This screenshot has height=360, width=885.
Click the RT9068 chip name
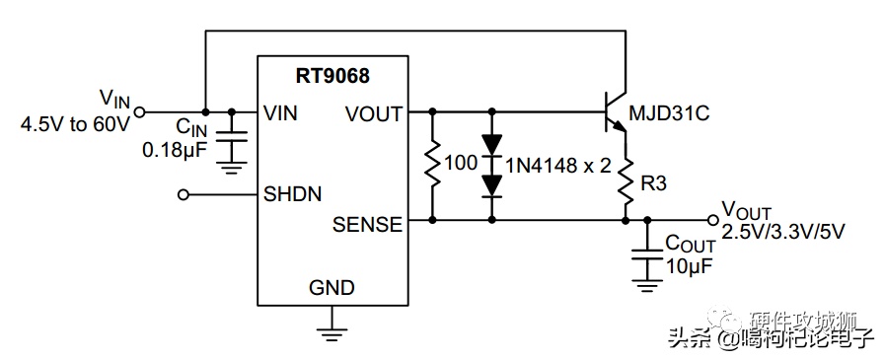333,76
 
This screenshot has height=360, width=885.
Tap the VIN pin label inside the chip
280,113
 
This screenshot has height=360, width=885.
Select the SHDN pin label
292,194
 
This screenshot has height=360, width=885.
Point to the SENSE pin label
367,225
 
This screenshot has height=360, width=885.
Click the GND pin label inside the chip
332,288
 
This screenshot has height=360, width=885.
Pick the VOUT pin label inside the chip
374,114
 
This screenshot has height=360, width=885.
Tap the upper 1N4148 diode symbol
492,145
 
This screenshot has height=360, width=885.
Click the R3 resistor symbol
626,182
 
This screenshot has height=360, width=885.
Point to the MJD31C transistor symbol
616,112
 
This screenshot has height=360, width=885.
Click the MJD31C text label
669,114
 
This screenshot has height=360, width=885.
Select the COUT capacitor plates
647,254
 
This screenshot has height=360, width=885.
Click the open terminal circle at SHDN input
183,194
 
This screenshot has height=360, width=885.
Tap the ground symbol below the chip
332,333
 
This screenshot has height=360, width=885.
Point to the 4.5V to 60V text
75,123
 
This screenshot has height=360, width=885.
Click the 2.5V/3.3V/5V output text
783,231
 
